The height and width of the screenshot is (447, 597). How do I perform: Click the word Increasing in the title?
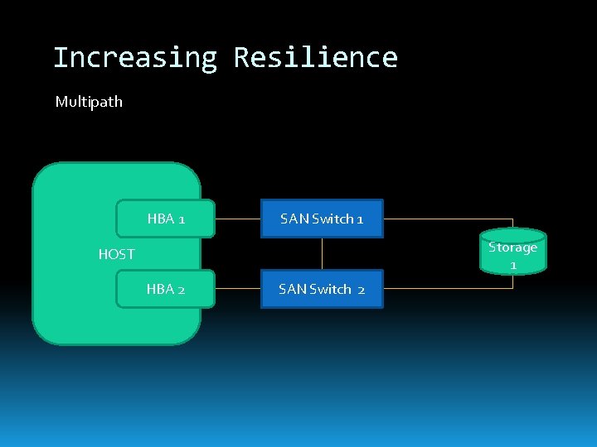click(x=134, y=58)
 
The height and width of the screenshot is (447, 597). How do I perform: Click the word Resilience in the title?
click(x=315, y=58)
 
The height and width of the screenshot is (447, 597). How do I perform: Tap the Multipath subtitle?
click(x=89, y=102)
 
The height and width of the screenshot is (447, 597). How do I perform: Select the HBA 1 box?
click(x=166, y=219)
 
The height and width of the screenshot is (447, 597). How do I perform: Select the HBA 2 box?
click(x=166, y=289)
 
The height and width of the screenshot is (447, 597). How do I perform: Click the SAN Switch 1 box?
click(x=322, y=219)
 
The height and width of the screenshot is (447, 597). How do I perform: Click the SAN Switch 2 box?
click(x=322, y=289)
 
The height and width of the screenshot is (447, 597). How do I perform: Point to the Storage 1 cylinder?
click(x=513, y=252)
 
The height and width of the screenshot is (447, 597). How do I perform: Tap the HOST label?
click(x=116, y=254)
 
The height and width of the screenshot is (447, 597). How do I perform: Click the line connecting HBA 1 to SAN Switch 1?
click(x=238, y=219)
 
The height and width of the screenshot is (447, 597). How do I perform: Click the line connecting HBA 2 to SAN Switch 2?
click(x=238, y=289)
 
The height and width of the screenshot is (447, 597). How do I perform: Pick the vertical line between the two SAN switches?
click(x=322, y=254)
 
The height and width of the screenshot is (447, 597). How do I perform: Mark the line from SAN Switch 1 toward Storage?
click(x=448, y=219)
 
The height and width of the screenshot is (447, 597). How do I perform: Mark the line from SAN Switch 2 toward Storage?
click(x=448, y=289)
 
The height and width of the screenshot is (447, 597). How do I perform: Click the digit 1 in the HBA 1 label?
click(x=182, y=219)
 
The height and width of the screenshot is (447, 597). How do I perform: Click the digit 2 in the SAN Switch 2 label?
click(x=362, y=289)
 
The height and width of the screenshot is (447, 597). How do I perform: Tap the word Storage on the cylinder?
click(x=513, y=247)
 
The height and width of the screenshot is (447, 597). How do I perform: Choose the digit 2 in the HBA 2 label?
click(x=181, y=289)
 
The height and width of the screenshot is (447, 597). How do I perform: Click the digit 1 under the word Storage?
click(x=513, y=265)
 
